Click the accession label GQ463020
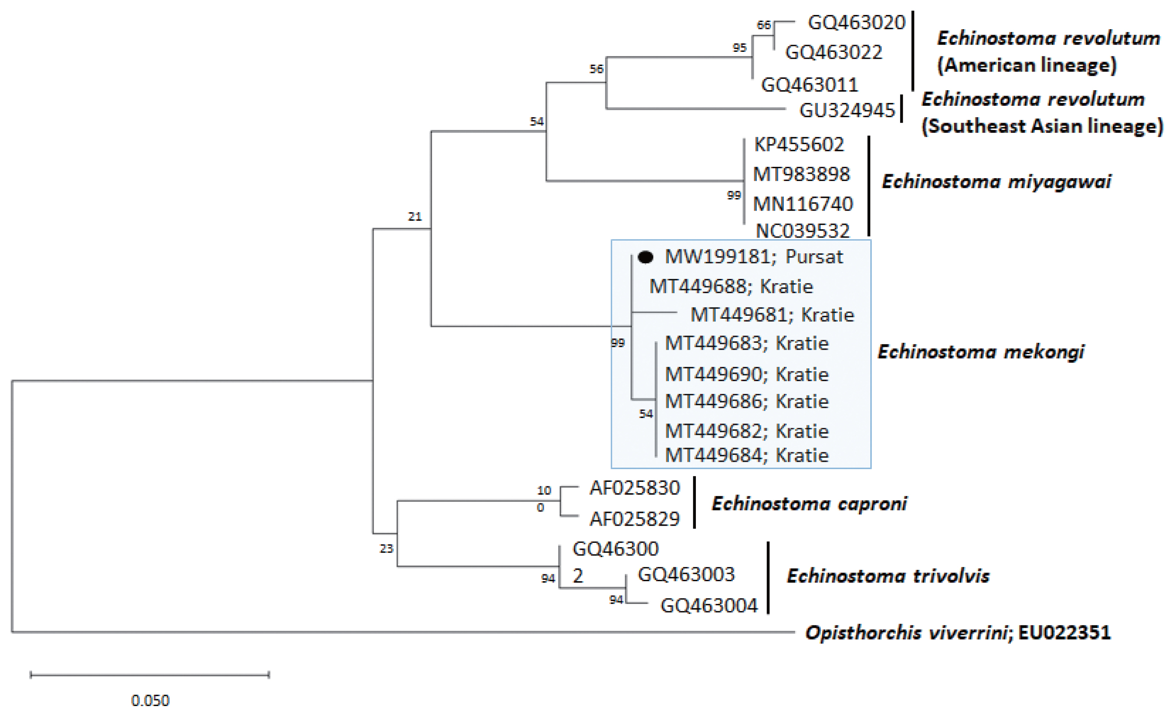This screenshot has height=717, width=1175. [856, 22]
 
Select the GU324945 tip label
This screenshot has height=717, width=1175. [847, 110]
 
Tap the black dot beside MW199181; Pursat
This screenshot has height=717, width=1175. [645, 257]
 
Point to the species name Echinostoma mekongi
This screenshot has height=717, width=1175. [981, 352]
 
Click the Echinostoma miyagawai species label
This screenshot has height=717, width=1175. [996, 181]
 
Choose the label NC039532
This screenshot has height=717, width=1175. [802, 231]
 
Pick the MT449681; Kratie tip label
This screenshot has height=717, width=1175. [772, 315]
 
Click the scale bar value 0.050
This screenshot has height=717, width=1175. [150, 700]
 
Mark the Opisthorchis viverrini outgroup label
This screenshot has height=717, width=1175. [906, 633]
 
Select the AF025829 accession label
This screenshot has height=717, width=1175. [634, 518]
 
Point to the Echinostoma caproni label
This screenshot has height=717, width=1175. [809, 503]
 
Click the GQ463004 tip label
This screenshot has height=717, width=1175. [709, 605]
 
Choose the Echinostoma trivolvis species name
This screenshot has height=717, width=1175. [888, 576]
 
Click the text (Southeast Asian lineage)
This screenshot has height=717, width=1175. [1042, 126]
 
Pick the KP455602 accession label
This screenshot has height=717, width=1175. [799, 144]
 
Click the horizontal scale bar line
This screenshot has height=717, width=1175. [150, 675]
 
